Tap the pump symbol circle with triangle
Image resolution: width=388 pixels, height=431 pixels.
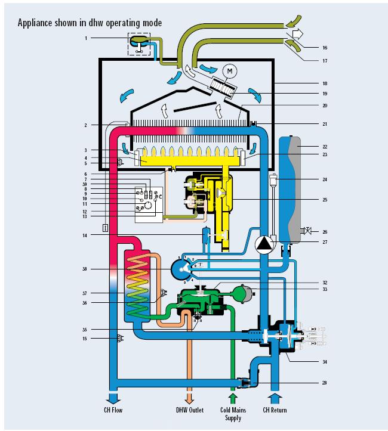click(263, 243)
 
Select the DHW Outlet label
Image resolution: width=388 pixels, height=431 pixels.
click(190, 410)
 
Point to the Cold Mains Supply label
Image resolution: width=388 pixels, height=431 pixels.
click(233, 414)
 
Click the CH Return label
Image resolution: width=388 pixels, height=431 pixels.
click(275, 410)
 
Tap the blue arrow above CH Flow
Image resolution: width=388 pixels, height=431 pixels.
click(113, 396)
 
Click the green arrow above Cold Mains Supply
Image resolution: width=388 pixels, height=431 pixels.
click(233, 396)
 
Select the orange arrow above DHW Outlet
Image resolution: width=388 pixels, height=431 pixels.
click(190, 396)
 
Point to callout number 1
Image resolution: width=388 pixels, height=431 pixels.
click(86, 38)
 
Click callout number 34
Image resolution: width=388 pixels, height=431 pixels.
click(324, 362)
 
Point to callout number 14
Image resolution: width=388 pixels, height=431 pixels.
click(86, 236)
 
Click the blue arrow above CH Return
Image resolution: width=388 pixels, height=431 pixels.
click(275, 396)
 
